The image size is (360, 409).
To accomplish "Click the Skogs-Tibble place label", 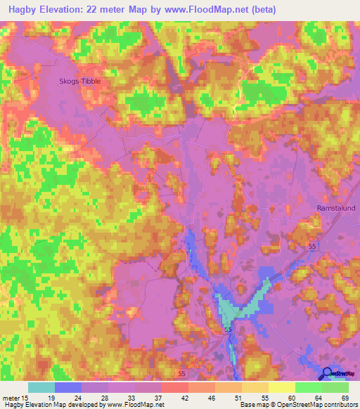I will (79, 82).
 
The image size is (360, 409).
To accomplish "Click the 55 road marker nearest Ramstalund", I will (311, 247).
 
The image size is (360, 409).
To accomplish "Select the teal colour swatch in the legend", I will (41, 387).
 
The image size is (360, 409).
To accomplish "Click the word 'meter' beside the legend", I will (12, 398).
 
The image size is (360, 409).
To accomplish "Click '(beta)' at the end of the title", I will (261, 10).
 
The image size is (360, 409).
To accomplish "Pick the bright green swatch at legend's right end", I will (335, 387).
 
